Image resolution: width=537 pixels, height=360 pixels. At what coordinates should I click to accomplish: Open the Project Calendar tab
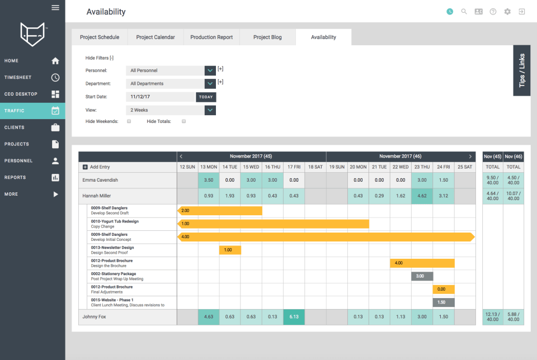(x=156, y=37)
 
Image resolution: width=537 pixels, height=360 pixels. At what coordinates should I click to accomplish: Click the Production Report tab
(x=211, y=37)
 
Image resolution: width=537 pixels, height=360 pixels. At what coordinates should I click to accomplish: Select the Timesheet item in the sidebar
(x=32, y=77)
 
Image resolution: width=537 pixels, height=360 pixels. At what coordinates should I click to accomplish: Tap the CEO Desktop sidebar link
(x=32, y=94)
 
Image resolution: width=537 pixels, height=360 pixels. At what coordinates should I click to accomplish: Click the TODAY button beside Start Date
(x=206, y=97)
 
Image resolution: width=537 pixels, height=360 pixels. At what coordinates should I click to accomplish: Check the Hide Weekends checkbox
(x=129, y=121)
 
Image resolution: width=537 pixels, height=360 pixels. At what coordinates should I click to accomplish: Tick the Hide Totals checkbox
(x=184, y=121)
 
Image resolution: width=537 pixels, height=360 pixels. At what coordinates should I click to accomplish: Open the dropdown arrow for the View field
(x=210, y=110)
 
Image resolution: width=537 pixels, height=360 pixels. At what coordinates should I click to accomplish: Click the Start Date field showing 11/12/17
(x=161, y=97)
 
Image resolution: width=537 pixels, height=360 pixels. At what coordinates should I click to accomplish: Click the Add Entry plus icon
(x=85, y=167)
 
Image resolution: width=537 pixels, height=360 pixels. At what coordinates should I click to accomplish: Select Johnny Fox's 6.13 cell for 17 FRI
(x=294, y=317)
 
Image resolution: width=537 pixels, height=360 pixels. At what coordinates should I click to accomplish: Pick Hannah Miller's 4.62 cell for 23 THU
(x=422, y=196)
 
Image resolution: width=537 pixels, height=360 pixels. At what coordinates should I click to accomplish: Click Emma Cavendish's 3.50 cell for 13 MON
(x=209, y=180)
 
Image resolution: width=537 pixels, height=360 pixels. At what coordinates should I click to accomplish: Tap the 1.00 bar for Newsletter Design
(x=230, y=250)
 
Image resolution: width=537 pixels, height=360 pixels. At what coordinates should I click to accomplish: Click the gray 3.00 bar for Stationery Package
(x=422, y=276)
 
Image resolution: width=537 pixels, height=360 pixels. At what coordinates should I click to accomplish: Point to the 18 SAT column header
(x=315, y=167)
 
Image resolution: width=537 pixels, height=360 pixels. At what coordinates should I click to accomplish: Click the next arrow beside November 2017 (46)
(x=470, y=157)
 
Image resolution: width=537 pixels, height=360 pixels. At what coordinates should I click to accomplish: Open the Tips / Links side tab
(x=521, y=70)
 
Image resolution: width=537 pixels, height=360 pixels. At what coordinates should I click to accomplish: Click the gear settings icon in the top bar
(x=507, y=12)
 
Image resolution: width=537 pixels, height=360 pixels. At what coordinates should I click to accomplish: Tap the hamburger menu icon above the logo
(x=55, y=7)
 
